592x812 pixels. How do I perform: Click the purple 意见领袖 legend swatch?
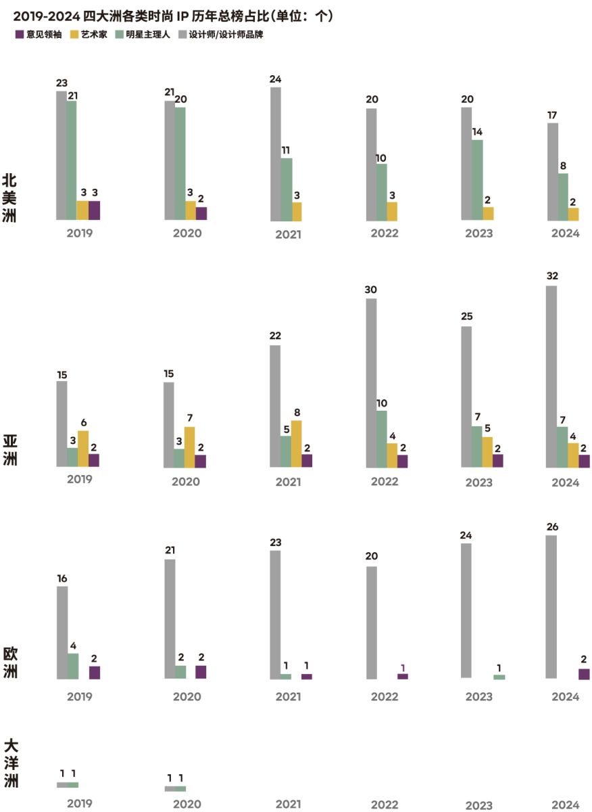[19, 35]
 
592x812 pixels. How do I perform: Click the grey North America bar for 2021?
[276, 154]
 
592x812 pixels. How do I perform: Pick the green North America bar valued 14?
[477, 180]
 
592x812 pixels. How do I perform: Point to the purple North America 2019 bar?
[94, 210]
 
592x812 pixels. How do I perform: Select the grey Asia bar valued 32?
[551, 376]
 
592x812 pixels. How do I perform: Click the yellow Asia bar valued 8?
[296, 444]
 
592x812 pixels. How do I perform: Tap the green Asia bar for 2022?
[382, 439]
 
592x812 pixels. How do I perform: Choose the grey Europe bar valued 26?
[551, 607]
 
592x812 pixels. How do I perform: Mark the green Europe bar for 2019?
[73, 666]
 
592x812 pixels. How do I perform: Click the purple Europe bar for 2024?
[584, 673]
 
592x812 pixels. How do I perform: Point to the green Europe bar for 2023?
[499, 677]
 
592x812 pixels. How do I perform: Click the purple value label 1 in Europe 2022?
[403, 667]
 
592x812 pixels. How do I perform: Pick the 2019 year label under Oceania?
[80, 804]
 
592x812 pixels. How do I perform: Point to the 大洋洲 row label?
[11, 764]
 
